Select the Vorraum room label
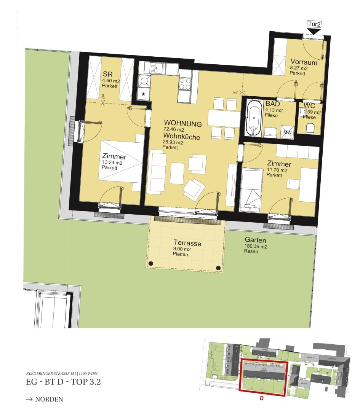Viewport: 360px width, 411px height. tap(304, 62)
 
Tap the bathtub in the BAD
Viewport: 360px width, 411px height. tap(254, 118)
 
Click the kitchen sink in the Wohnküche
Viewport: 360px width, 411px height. tap(155, 68)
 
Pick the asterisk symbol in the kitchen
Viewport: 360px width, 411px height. tap(143, 93)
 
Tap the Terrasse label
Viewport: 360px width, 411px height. tap(187, 243)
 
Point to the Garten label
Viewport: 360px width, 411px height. tap(255, 241)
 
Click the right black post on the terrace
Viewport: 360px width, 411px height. tap(218, 268)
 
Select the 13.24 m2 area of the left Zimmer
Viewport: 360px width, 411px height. tap(112, 162)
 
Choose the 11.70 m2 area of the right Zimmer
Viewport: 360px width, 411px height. tap(276, 170)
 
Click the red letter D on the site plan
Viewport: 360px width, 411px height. tap(262, 398)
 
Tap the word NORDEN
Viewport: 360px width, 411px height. tap(49, 399)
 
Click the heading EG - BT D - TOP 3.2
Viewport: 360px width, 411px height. tap(63, 382)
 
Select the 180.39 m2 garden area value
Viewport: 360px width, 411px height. tap(256, 247)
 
